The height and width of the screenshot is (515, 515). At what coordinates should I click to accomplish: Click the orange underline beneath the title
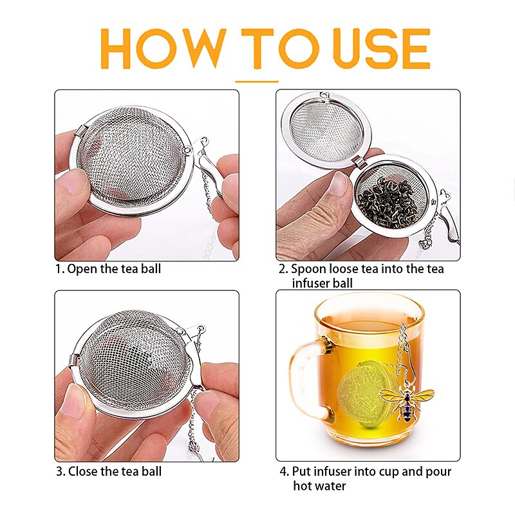[x=257, y=82]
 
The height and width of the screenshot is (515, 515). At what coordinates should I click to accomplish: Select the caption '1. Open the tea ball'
[x=108, y=268]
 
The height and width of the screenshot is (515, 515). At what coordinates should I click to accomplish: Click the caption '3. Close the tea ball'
[x=109, y=471]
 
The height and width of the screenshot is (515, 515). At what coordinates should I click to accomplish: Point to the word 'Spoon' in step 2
[x=312, y=269]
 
